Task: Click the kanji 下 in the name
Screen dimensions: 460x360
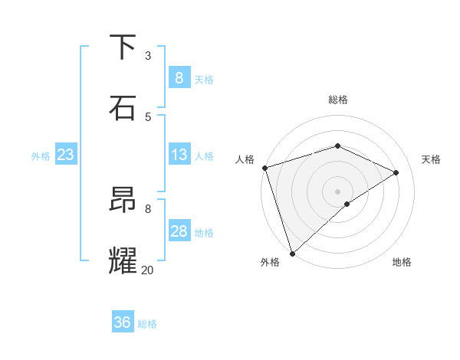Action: point(123,47)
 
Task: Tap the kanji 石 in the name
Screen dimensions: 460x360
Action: point(123,108)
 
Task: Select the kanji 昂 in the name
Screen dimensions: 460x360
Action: point(123,200)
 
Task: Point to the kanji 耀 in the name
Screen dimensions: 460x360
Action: point(123,260)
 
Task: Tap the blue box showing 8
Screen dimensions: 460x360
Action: point(179,78)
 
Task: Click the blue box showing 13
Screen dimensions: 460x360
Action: point(179,155)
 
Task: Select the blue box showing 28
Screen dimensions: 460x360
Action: point(179,231)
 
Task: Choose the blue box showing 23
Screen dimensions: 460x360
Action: point(65,155)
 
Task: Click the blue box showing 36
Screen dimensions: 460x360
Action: point(122,322)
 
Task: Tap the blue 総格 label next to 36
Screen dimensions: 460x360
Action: point(147,324)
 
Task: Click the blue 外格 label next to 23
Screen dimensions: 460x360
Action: point(41,156)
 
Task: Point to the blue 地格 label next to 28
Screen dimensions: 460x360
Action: point(204,233)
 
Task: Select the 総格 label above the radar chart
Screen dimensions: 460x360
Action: point(337,100)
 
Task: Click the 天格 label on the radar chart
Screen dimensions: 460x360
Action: point(431,159)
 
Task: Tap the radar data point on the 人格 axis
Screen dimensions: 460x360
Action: point(264,168)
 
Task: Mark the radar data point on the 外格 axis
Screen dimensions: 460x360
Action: point(292,253)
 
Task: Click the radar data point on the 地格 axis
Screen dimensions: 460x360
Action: point(347,204)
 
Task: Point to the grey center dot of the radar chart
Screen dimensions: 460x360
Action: point(337,191)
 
